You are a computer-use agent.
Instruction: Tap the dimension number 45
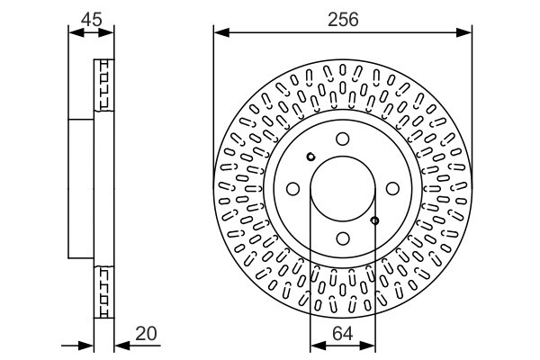[91, 18]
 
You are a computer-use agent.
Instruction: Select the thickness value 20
[146, 334]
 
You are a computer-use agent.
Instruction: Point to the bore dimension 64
[343, 334]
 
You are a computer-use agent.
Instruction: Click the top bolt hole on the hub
[343, 139]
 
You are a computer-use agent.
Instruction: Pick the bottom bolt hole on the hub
[343, 238]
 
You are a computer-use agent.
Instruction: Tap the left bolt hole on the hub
[293, 189]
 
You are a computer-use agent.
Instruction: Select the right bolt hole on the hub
[392, 189]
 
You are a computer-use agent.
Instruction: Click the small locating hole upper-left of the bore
[310, 157]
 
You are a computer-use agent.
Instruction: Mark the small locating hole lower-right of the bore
[375, 220]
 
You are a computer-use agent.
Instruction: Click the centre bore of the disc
[343, 189]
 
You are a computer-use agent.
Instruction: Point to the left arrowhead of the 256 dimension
[219, 33]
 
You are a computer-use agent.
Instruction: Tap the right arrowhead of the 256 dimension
[467, 33]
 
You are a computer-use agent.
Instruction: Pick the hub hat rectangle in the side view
[81, 189]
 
